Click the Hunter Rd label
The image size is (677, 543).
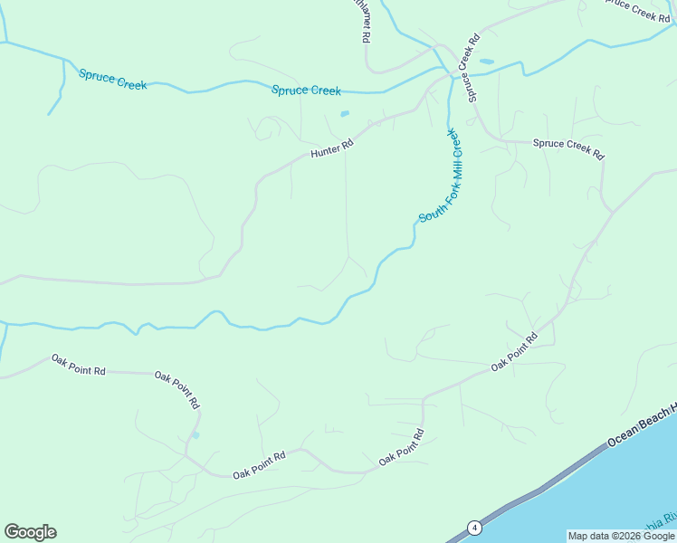tap(331, 149)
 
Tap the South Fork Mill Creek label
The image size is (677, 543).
tap(439, 177)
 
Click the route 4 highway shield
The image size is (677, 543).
tap(473, 528)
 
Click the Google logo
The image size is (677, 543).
tap(30, 532)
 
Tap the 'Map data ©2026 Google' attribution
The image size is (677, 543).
tap(621, 536)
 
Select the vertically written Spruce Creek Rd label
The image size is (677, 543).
tap(467, 68)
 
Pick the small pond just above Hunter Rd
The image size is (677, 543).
tap(344, 114)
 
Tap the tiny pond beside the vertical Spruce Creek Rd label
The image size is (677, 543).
tap(487, 62)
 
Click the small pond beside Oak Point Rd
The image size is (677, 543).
tap(195, 435)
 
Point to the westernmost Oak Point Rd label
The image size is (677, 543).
tap(78, 365)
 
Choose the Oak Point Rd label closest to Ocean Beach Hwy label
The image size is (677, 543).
tap(514, 351)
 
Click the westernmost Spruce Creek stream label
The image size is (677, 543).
tap(112, 79)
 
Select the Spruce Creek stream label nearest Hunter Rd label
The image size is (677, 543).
tap(307, 90)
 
